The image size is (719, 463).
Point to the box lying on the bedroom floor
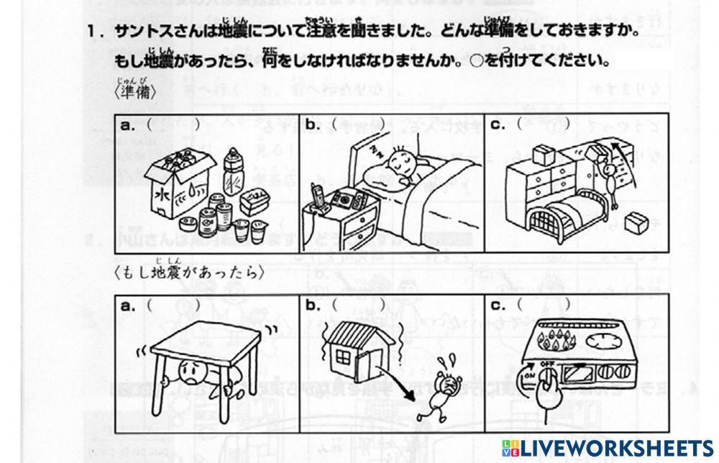point(636,223)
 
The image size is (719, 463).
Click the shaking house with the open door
point(357,352)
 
